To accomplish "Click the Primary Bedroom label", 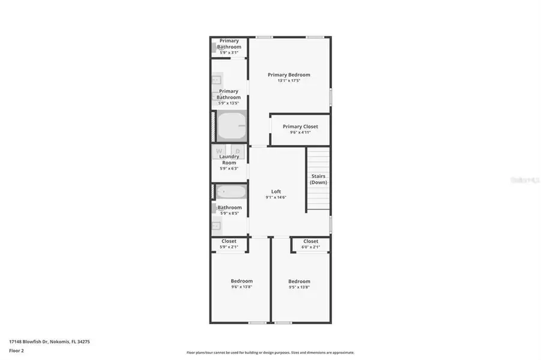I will click(x=289, y=74).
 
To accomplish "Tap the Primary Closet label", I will click(x=300, y=127).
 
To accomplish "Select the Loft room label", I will click(x=276, y=191).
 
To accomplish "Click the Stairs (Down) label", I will click(x=319, y=179).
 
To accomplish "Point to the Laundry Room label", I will click(x=229, y=160).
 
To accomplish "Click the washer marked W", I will click(x=219, y=151).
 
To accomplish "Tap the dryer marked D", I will click(x=238, y=151).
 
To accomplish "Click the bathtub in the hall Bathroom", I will click(x=231, y=193).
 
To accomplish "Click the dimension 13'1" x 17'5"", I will click(x=289, y=81).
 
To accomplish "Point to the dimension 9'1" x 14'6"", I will click(x=276, y=197).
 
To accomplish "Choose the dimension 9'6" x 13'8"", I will click(x=241, y=287).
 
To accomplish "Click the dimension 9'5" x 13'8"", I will click(x=299, y=287).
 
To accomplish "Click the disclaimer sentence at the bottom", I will click(x=270, y=352).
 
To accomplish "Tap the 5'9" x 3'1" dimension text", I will click(x=229, y=52).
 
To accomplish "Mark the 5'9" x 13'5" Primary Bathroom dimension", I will click(x=229, y=103).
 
